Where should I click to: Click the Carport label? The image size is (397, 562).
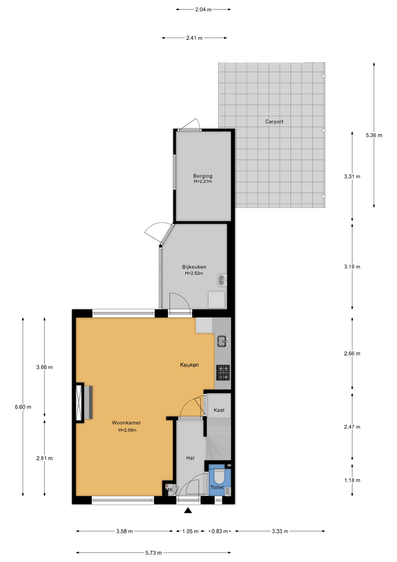[x=274, y=122]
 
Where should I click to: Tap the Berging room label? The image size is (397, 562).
[x=203, y=176]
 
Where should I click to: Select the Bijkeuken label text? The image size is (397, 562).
[x=194, y=267]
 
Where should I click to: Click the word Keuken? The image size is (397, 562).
[x=189, y=365]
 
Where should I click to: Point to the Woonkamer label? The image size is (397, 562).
[x=126, y=423]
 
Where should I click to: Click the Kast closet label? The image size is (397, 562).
[x=219, y=410]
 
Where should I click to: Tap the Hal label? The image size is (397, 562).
[x=190, y=458]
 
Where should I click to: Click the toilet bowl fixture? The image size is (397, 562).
[x=219, y=476]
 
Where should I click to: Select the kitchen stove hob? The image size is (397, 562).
[x=223, y=373]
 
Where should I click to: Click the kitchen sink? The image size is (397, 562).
[x=223, y=341]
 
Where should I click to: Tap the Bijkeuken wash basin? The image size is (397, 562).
[x=222, y=280]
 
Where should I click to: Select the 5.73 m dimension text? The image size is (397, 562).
[x=153, y=553]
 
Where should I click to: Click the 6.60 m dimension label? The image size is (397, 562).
[x=23, y=407]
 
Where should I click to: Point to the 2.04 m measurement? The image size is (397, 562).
[x=203, y=9]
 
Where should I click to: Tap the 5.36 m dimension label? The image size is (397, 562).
[x=374, y=135]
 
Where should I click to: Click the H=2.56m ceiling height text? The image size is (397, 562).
[x=127, y=430]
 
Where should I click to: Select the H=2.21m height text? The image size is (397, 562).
[x=203, y=181]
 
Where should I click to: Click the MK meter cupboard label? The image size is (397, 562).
[x=169, y=489]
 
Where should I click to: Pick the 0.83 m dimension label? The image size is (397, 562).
[x=220, y=531]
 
